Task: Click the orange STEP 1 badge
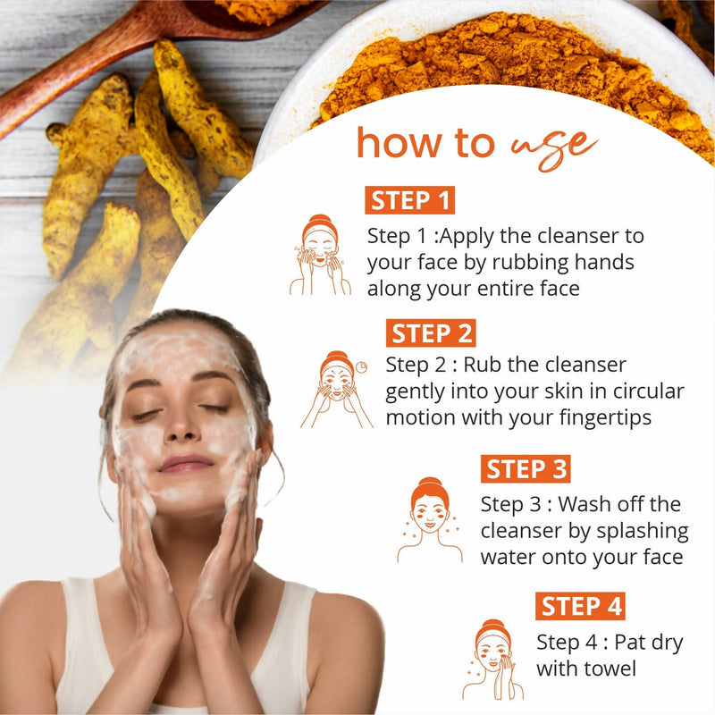click(x=409, y=199)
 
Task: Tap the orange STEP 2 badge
click(x=431, y=333)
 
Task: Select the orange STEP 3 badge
click(x=526, y=468)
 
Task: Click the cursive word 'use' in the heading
click(x=553, y=142)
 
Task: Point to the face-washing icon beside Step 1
click(x=319, y=255)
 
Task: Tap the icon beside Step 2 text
click(x=337, y=389)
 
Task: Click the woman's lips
click(x=185, y=464)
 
